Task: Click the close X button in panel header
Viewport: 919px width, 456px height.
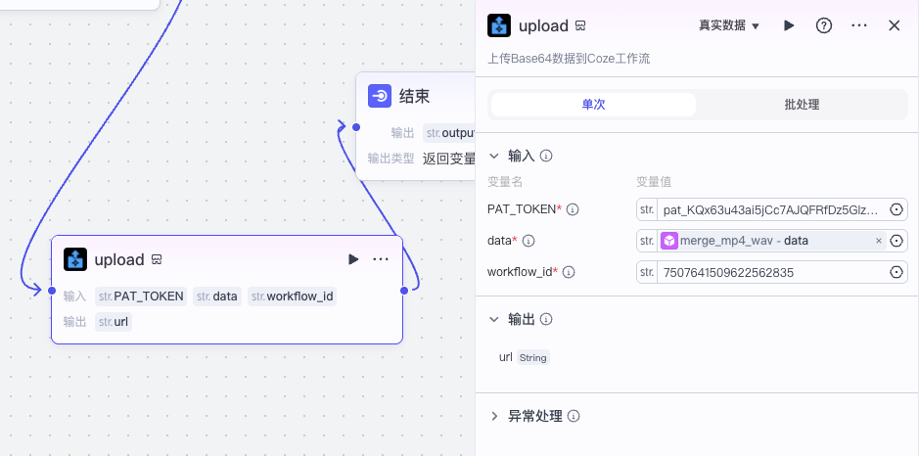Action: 894,25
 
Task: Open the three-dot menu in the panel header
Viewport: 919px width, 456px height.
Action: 859,25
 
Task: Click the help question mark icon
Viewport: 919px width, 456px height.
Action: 824,25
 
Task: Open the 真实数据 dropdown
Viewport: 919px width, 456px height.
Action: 729,25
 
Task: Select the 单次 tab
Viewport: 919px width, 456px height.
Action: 593,105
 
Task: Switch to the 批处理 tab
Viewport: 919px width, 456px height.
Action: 802,105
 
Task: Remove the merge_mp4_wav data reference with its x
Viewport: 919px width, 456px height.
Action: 878,241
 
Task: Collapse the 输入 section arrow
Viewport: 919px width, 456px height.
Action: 494,156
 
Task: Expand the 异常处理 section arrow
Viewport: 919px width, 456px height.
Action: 494,416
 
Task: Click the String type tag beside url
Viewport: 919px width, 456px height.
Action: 532,358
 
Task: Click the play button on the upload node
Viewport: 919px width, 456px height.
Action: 353,259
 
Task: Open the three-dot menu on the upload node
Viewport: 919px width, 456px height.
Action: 381,259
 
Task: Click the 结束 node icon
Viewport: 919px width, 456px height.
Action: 380,96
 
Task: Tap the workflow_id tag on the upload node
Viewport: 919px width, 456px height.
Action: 292,296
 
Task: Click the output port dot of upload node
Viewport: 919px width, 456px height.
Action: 403,290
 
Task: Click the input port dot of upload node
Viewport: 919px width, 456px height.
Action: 51,290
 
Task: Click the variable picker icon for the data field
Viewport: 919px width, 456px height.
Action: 896,241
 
